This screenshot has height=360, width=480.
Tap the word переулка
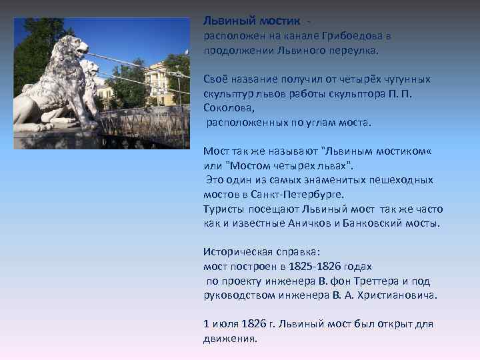tap(353, 50)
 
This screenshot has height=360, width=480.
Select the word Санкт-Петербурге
tap(303, 194)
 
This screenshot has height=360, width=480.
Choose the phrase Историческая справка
tap(261, 252)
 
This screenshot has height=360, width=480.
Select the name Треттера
tap(369, 280)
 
